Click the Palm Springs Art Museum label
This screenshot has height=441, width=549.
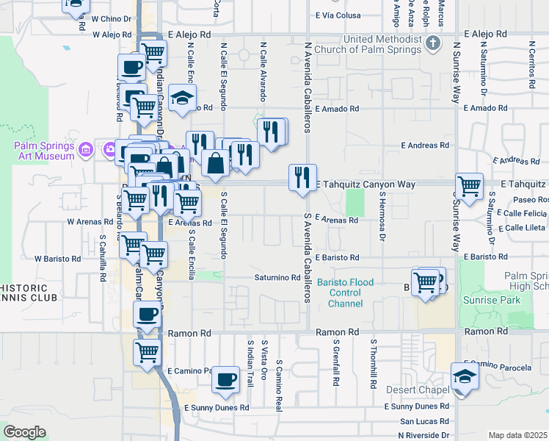(x=44, y=150)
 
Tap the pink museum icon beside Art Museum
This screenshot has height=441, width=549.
(x=86, y=151)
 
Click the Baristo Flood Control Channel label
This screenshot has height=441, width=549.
(x=345, y=293)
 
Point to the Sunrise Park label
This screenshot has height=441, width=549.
(x=491, y=300)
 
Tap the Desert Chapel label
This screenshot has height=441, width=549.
(x=419, y=390)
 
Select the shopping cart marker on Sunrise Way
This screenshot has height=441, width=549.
(x=469, y=185)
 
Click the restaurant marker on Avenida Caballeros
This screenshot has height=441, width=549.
(x=302, y=176)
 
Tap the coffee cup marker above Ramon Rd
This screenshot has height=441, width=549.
(x=147, y=315)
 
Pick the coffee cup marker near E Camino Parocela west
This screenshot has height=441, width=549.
(x=226, y=379)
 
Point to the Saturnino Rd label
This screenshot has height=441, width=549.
(x=277, y=278)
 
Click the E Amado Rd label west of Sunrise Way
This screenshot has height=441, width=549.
(x=336, y=108)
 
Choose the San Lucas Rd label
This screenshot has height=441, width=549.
(x=423, y=422)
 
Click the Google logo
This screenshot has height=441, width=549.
(x=25, y=432)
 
